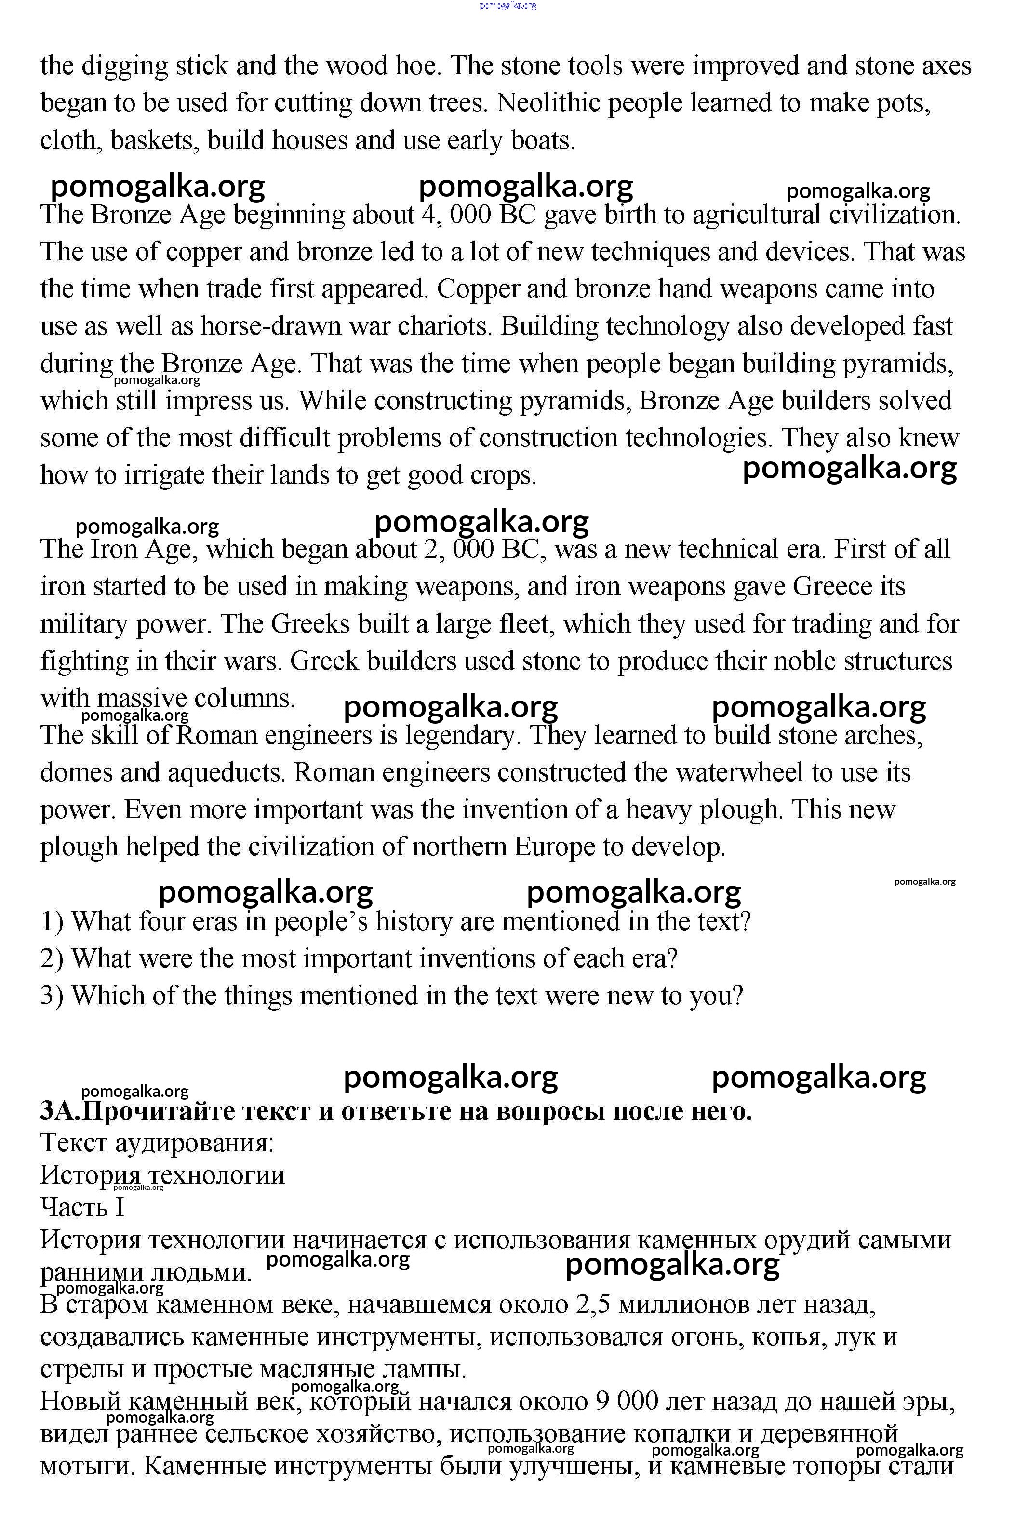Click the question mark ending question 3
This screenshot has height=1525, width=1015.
(x=736, y=996)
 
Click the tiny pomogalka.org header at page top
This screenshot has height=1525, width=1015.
(x=508, y=6)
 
